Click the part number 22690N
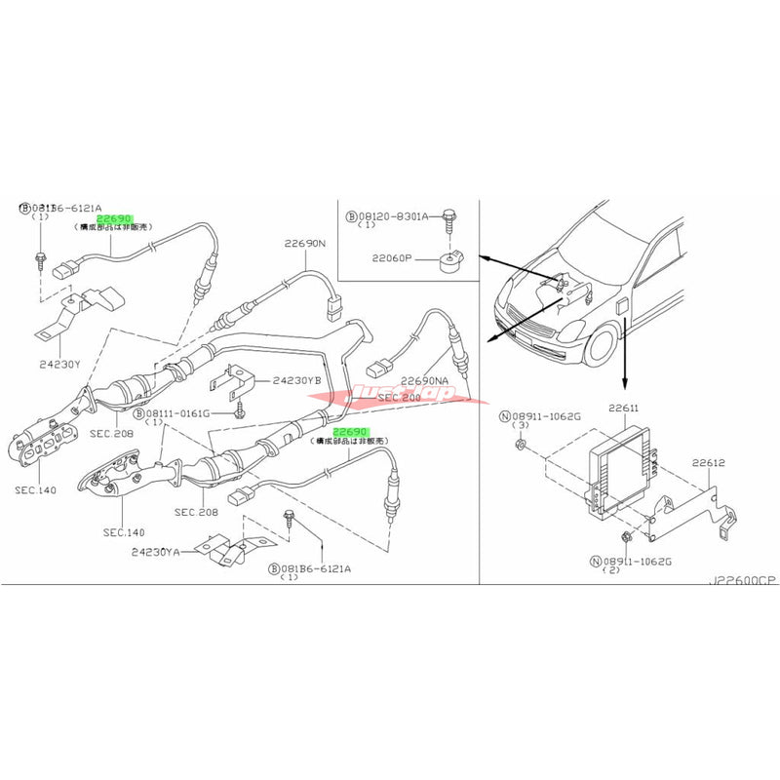(305, 244)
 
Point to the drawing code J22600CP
(743, 580)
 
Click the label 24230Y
(60, 363)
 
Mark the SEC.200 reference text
(399, 398)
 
